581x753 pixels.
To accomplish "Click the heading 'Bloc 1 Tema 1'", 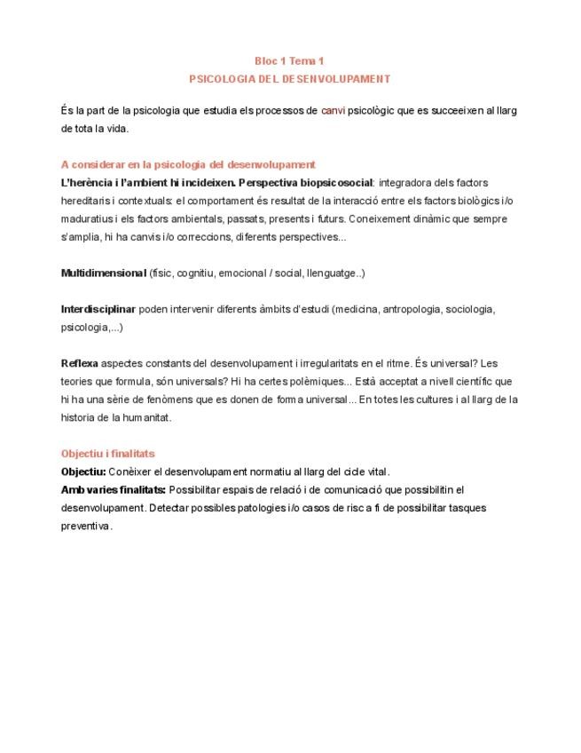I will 290,61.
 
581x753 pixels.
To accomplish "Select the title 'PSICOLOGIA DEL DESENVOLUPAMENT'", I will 290,78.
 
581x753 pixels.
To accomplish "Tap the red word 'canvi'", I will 334,111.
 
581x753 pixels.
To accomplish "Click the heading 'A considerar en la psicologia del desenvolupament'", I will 188,164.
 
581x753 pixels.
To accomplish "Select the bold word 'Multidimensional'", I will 104,273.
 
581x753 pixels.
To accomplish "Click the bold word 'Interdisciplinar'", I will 98,309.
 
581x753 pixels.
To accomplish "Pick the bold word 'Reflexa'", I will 80,364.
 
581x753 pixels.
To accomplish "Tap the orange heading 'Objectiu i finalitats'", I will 107,454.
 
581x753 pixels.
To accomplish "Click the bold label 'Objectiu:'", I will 83,472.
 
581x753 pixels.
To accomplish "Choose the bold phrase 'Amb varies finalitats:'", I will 114,489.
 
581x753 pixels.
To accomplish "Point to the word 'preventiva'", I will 86,526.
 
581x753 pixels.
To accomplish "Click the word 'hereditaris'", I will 86,200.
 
